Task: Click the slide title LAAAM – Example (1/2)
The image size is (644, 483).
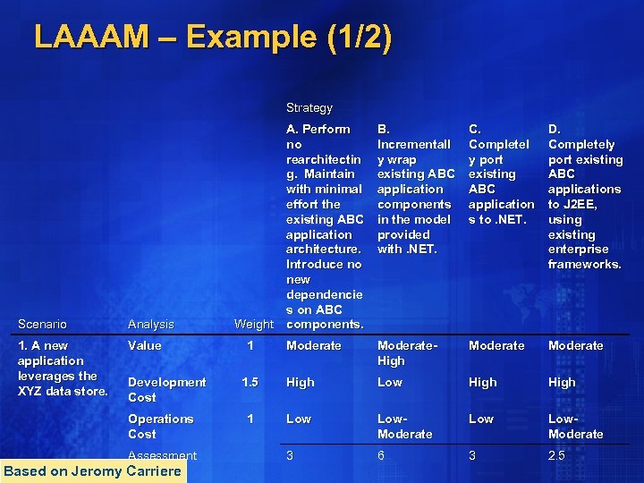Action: pos(212,38)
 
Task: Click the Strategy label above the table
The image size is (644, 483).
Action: pos(309,107)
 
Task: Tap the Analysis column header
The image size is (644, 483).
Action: pos(150,324)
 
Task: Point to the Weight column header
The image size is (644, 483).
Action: pos(253,324)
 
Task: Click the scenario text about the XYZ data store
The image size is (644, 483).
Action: pos(63,368)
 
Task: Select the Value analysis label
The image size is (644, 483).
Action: pos(145,345)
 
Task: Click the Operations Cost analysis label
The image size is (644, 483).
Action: pos(160,426)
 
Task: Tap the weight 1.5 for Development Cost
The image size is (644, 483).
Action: pos(250,382)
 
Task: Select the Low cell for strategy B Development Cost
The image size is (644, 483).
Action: pos(390,382)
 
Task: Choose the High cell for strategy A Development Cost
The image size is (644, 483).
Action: pos(300,382)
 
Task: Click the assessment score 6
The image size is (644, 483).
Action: pos(382,455)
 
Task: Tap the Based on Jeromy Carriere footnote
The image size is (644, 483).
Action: pos(92,471)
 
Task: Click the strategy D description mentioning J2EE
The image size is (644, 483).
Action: pos(585,197)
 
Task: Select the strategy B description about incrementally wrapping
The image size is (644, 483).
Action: pos(416,189)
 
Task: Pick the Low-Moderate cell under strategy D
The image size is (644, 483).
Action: pos(575,426)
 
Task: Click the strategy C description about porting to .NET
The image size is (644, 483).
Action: pos(501,174)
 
